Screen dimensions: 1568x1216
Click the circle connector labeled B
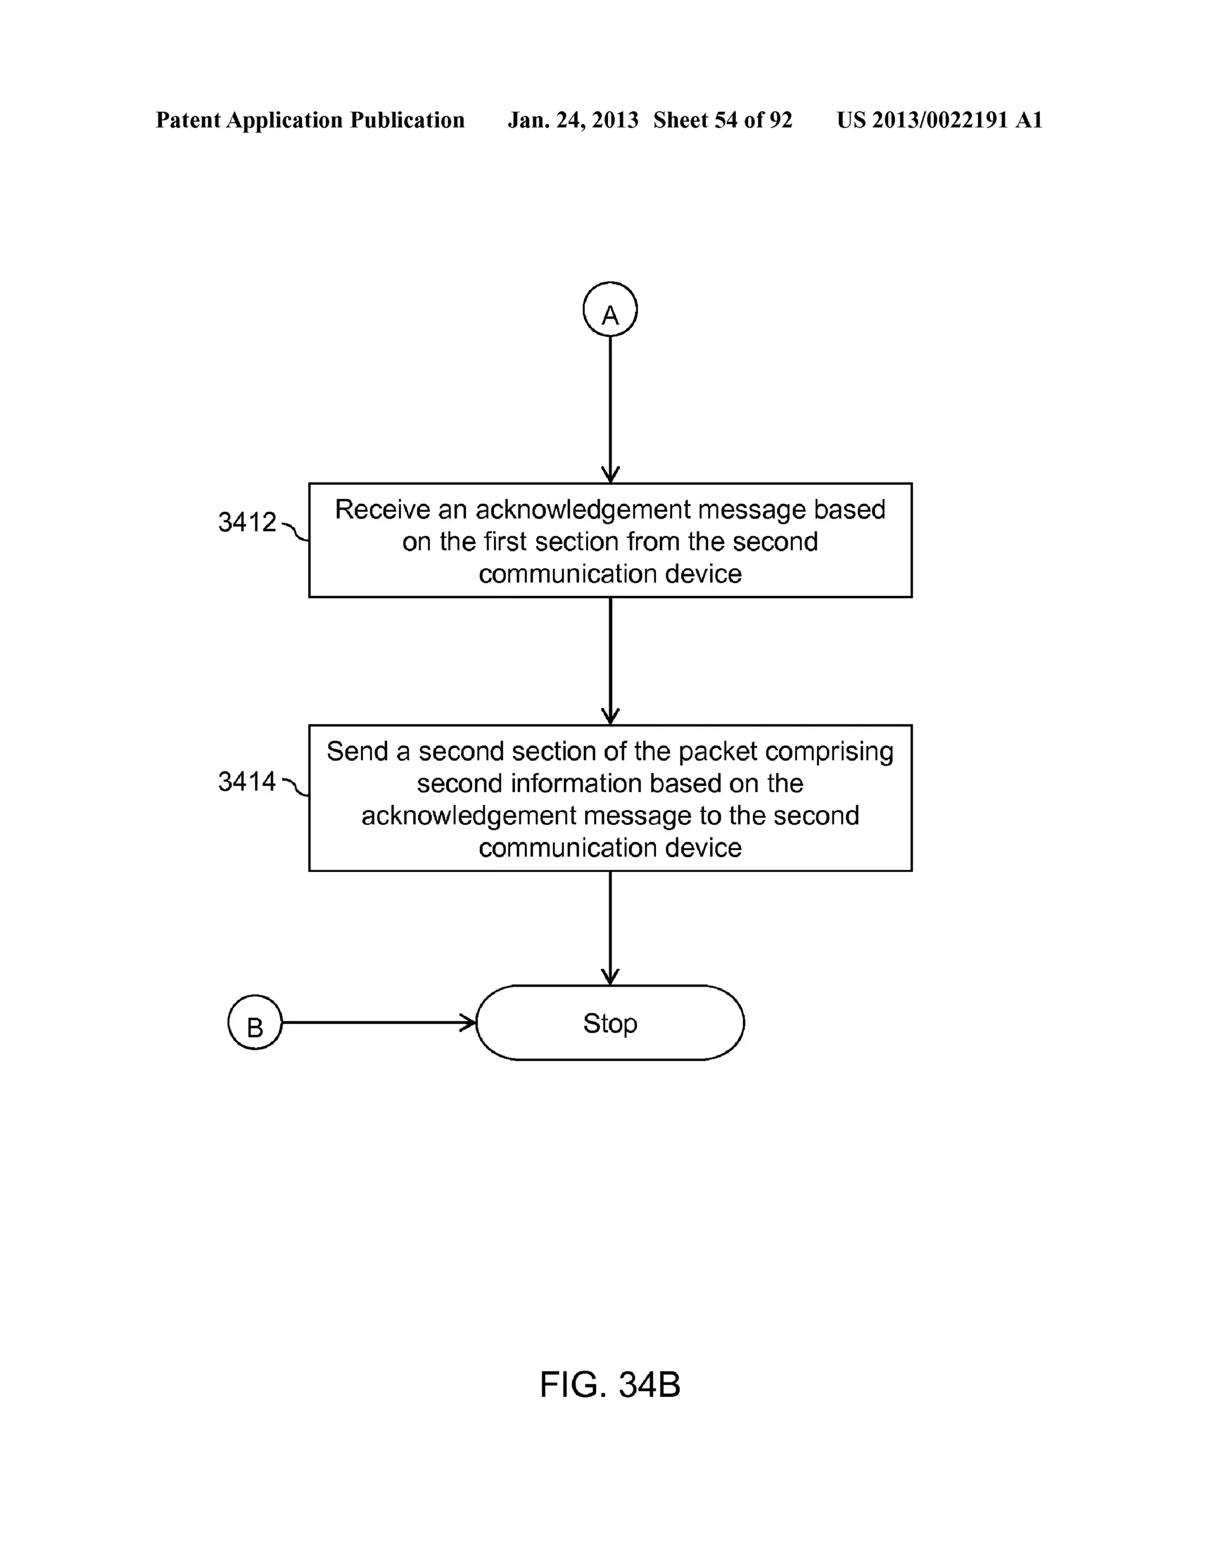point(255,1022)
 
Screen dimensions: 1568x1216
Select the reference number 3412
point(247,522)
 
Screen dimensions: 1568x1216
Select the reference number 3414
point(247,781)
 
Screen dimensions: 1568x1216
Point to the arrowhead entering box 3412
point(610,475)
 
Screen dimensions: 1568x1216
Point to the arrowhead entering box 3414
point(610,717)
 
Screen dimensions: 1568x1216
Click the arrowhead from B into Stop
point(468,1022)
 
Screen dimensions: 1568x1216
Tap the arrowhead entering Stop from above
point(610,977)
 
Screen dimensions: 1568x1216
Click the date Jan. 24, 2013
point(573,120)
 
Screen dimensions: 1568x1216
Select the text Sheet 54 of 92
point(722,120)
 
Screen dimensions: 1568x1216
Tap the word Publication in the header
point(407,120)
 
